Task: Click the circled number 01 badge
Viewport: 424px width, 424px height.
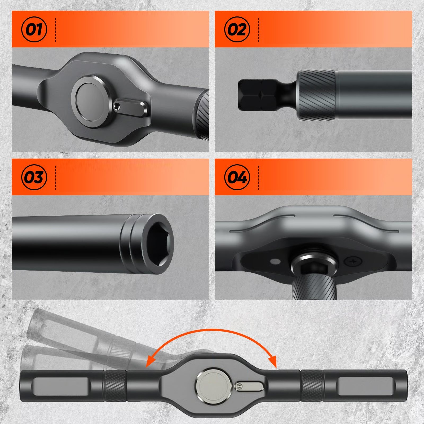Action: click(x=34, y=29)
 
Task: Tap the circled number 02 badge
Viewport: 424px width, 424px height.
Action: click(x=237, y=29)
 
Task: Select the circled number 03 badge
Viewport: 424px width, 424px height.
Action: click(x=34, y=177)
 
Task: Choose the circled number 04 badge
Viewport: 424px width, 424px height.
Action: click(x=237, y=177)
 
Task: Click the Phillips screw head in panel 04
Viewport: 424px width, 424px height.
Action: click(x=353, y=261)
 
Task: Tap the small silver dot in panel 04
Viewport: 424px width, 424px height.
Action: click(x=276, y=262)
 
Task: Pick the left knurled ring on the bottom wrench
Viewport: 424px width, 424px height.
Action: click(x=116, y=386)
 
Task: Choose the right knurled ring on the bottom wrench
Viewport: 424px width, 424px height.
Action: click(x=312, y=386)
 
